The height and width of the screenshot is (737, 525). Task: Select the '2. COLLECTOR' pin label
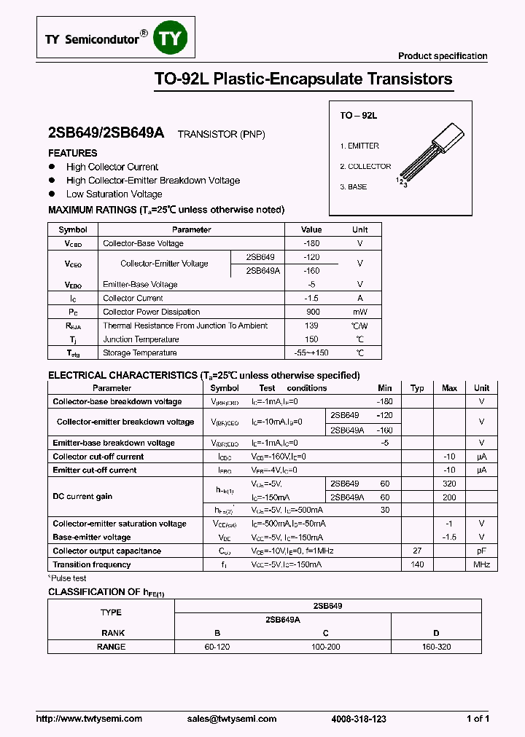[365, 167]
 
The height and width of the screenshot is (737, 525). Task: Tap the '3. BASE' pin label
[354, 187]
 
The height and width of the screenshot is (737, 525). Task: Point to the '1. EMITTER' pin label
[359, 146]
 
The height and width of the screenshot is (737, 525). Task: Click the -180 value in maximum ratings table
[311, 243]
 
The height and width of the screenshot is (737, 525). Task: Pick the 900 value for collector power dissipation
[311, 312]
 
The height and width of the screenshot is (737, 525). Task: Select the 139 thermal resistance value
[311, 326]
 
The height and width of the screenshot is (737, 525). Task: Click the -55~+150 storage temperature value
[311, 353]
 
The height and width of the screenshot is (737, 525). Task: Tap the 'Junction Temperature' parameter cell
[141, 339]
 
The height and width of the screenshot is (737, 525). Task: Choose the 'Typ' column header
[417, 388]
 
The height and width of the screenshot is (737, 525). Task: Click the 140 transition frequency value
[417, 564]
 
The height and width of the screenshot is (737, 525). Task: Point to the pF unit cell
[482, 551]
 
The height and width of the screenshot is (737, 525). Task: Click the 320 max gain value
[449, 484]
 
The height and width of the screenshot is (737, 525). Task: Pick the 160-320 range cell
[436, 647]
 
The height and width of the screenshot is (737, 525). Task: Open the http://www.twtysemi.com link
[90, 719]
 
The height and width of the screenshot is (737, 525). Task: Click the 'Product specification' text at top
[443, 56]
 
